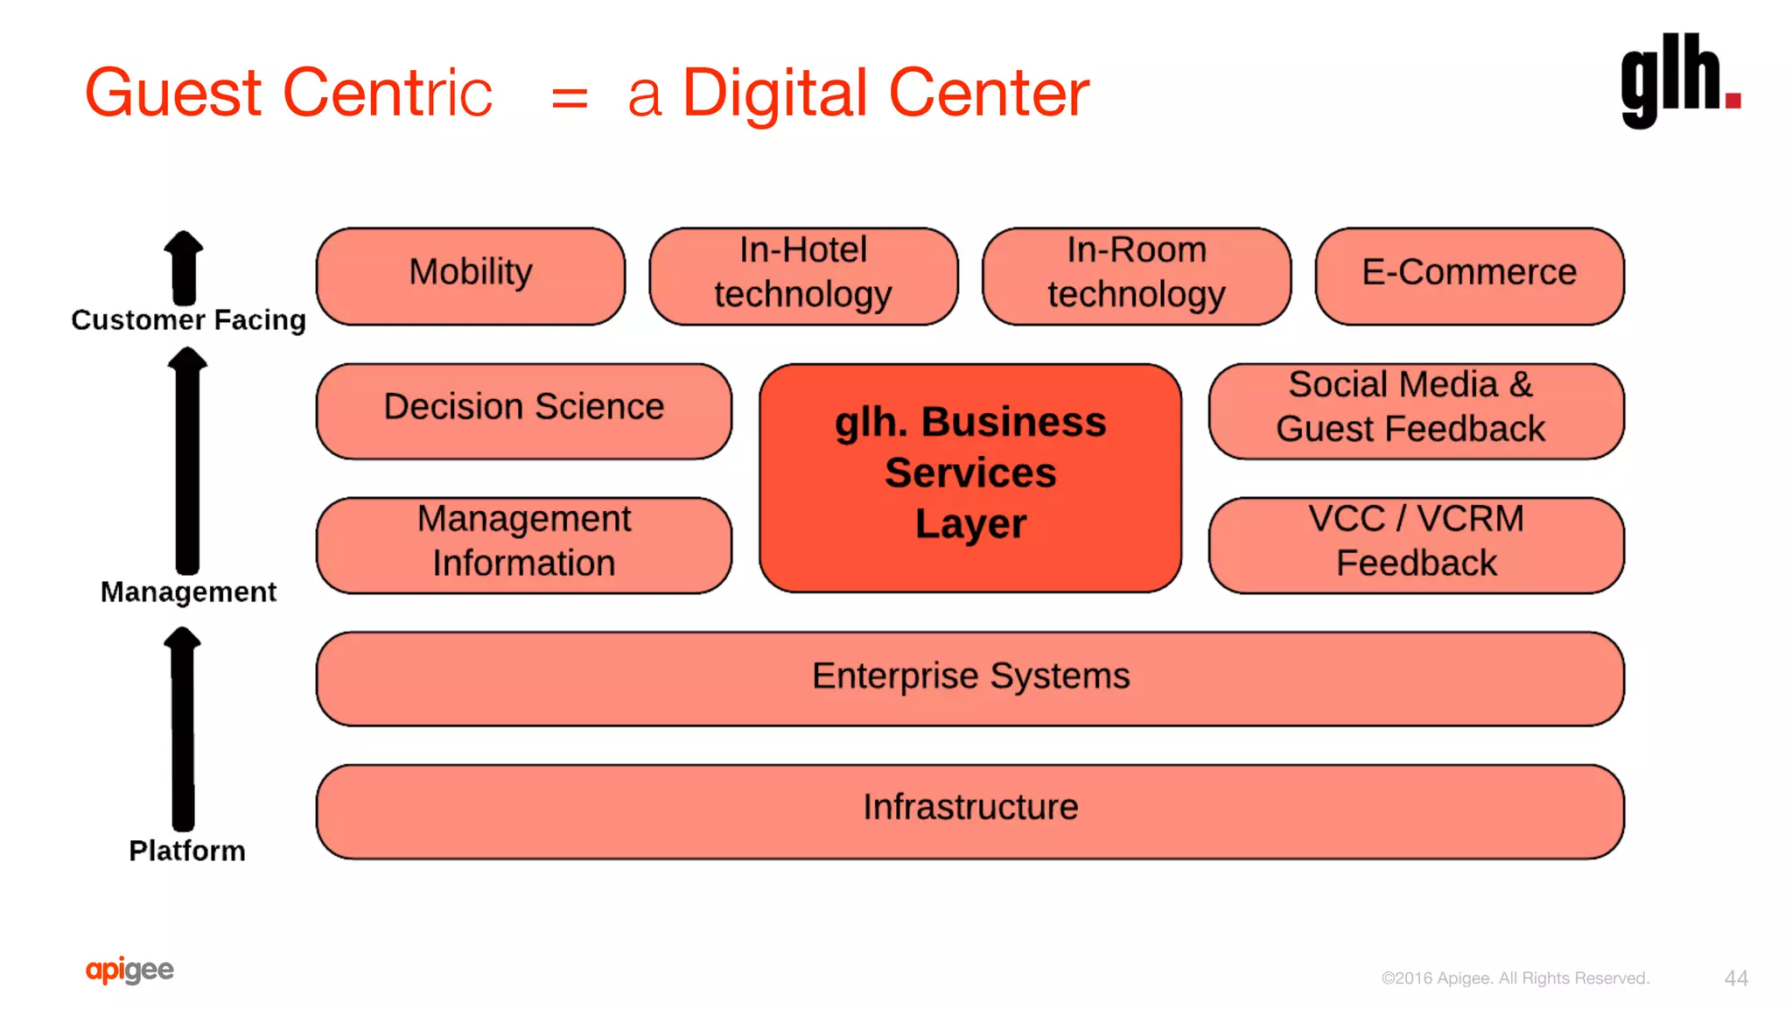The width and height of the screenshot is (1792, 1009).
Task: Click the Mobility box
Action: [x=471, y=276]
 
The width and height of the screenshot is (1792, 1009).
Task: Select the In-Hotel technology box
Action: [x=803, y=276]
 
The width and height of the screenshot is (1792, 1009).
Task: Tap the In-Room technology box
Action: [x=1136, y=276]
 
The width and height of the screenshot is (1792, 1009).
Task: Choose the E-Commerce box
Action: [x=1469, y=276]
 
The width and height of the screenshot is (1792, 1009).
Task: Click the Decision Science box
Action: [x=523, y=410]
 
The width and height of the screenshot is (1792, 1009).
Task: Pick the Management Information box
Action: [x=523, y=544]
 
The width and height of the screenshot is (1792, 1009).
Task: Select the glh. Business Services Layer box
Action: [x=970, y=478]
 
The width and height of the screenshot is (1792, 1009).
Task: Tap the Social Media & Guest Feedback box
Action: [x=1416, y=410]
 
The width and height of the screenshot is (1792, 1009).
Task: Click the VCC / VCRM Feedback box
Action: [x=1416, y=544]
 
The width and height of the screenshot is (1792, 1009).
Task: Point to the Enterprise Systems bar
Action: [x=969, y=678]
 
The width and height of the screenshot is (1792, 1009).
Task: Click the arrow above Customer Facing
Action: [x=184, y=267]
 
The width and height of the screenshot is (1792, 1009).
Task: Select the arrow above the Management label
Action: [x=187, y=459]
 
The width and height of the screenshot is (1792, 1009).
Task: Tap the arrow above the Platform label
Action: [x=183, y=728]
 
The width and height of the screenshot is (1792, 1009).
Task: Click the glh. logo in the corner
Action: [x=1679, y=81]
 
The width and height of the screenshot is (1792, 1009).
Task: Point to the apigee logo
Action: [x=129, y=970]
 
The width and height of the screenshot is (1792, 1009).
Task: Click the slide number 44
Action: [x=1736, y=978]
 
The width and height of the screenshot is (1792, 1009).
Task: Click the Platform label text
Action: [x=187, y=851]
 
